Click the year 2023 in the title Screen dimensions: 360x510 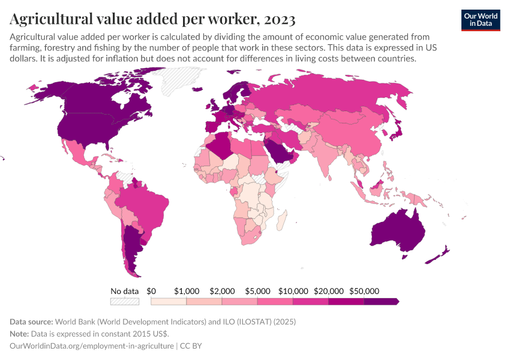click(x=278, y=19)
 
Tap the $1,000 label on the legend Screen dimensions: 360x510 click(x=186, y=291)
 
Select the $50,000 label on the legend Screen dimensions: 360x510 click(x=364, y=291)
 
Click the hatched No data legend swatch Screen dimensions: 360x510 click(x=125, y=301)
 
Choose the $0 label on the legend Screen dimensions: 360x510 click(x=151, y=291)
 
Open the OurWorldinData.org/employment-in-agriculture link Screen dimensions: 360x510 click(x=92, y=346)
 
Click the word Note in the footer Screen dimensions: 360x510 click(x=20, y=334)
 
